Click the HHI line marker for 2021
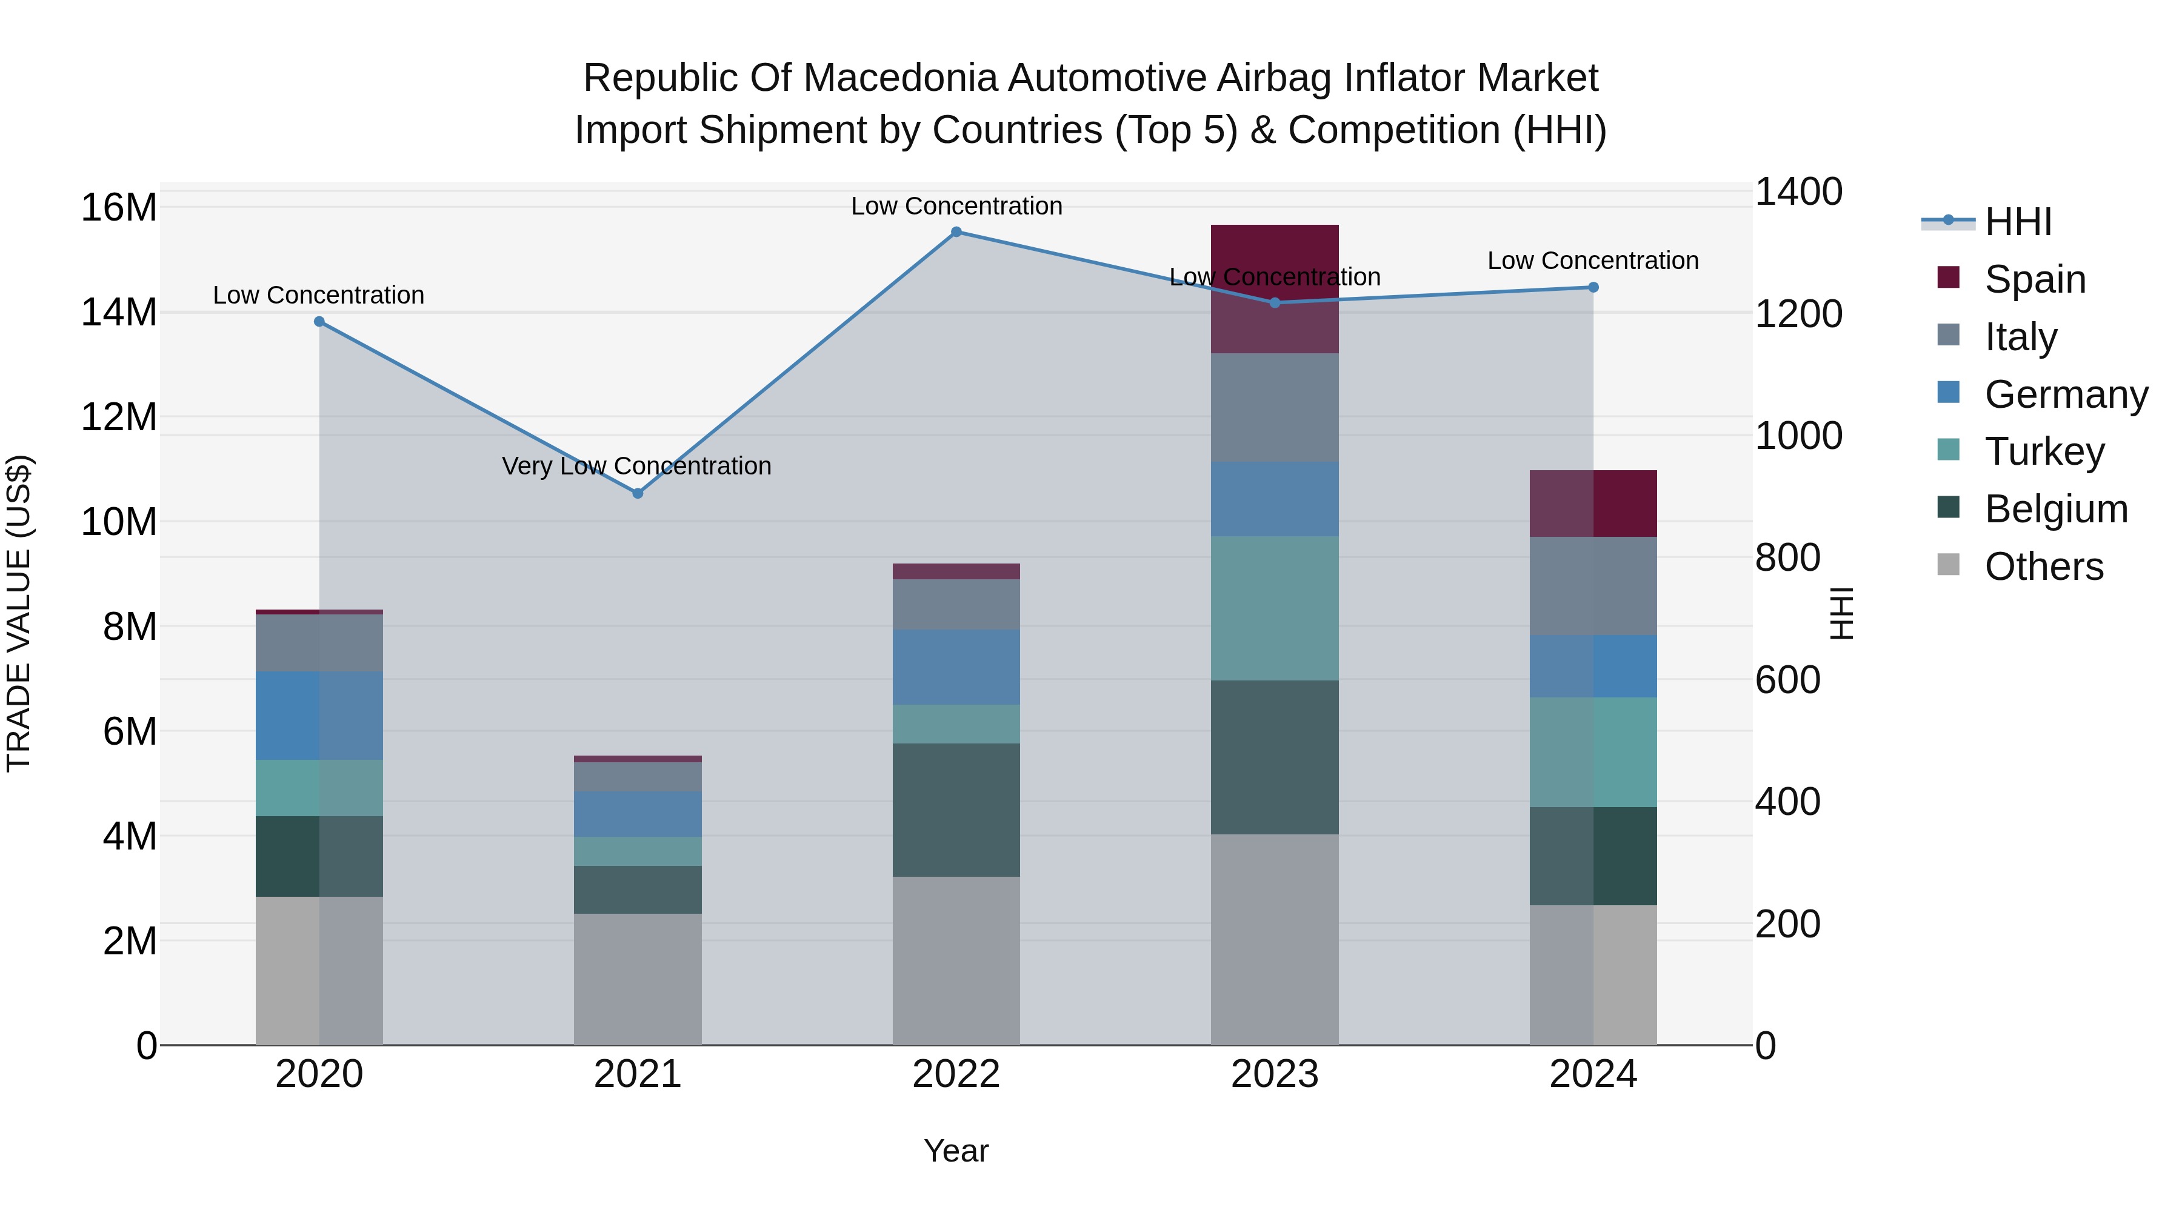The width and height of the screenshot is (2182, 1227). [x=638, y=493]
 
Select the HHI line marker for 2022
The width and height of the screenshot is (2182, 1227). [x=956, y=232]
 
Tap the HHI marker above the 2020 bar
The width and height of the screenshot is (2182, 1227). [x=319, y=322]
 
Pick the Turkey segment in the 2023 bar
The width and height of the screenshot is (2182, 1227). [x=1274, y=608]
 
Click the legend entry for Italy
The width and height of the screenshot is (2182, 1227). [x=2020, y=337]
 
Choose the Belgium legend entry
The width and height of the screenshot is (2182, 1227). [x=2056, y=509]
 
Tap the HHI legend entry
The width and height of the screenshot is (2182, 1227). [x=2018, y=222]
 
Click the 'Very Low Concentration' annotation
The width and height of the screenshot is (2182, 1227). [x=636, y=466]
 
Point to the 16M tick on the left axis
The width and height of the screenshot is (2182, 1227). [x=119, y=207]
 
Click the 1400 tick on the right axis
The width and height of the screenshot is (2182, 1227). [x=1798, y=191]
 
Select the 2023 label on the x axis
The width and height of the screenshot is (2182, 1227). [x=1274, y=1074]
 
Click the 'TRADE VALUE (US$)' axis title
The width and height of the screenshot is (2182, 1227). [x=19, y=613]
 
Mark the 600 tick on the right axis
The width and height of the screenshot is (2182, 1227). [x=1787, y=680]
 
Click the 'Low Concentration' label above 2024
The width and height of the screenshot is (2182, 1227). [x=1592, y=261]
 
